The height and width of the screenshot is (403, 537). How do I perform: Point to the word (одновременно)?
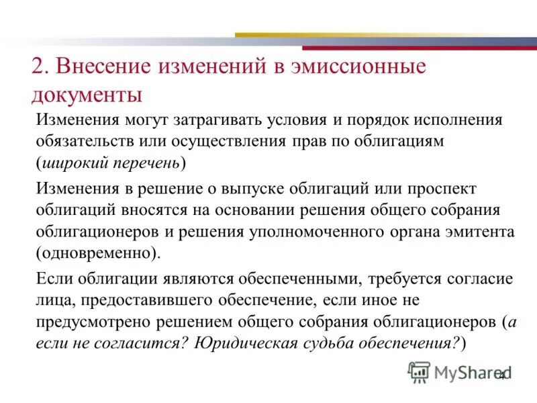[x=99, y=254]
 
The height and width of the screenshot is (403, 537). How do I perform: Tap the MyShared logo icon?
[x=418, y=371]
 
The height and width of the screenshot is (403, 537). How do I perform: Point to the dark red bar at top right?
[x=419, y=48]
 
